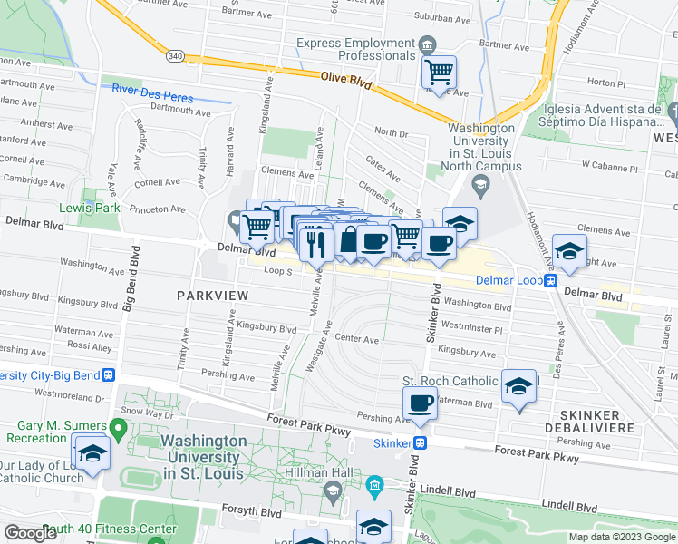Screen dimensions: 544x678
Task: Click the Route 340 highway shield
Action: click(176, 55)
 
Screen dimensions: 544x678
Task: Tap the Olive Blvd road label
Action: click(346, 81)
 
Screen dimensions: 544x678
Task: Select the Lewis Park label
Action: click(90, 207)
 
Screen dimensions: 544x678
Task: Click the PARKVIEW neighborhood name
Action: click(207, 296)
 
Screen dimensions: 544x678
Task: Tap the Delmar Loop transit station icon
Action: click(550, 280)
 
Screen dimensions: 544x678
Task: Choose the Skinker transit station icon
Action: click(421, 443)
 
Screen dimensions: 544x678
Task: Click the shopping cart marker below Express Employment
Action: click(440, 71)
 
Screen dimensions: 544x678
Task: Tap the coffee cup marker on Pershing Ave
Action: click(420, 403)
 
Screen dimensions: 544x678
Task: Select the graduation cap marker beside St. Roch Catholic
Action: click(518, 387)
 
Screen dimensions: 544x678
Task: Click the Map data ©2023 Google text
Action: click(622, 537)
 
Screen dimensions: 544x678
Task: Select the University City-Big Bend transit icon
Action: click(108, 374)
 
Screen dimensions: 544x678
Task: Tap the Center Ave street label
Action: click(356, 339)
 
